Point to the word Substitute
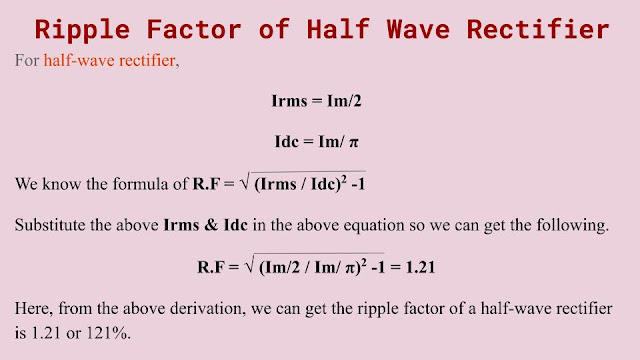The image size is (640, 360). [x=49, y=225]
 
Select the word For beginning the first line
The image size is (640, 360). [x=27, y=60]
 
